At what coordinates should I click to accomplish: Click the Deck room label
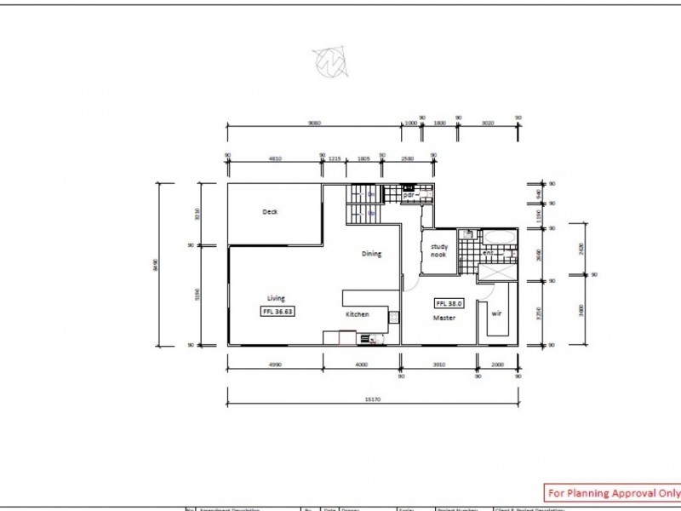[271, 212]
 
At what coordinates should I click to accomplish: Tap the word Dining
[371, 254]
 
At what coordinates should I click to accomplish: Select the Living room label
[276, 298]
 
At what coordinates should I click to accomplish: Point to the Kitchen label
[357, 315]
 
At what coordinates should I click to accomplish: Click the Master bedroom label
[443, 318]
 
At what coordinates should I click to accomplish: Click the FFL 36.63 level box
[278, 313]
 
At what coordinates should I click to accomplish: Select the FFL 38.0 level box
[449, 302]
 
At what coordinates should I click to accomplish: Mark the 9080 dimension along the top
[315, 122]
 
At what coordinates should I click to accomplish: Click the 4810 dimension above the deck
[274, 158]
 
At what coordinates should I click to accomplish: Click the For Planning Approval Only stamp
[611, 492]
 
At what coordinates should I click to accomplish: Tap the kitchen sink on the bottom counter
[368, 339]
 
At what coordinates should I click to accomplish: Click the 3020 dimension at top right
[488, 122]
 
